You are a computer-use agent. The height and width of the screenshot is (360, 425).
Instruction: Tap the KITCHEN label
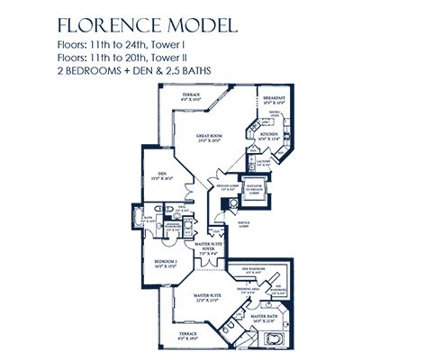[271, 137]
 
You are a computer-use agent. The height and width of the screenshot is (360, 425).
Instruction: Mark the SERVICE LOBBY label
[243, 224]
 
